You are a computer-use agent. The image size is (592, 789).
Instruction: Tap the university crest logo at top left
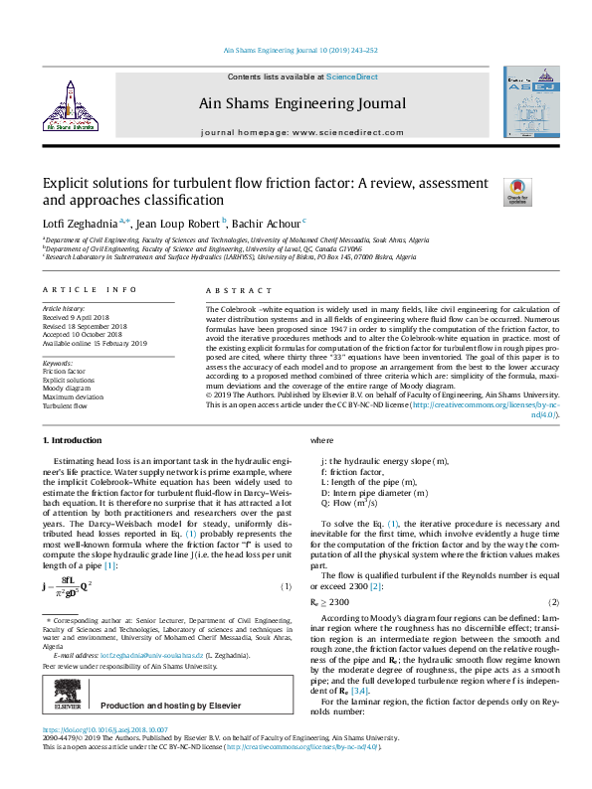tap(71, 105)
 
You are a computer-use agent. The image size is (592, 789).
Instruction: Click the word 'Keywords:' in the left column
tap(59, 364)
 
